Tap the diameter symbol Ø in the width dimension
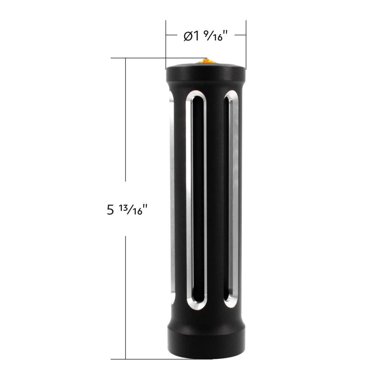(x=188, y=37)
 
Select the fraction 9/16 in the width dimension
(x=214, y=37)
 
